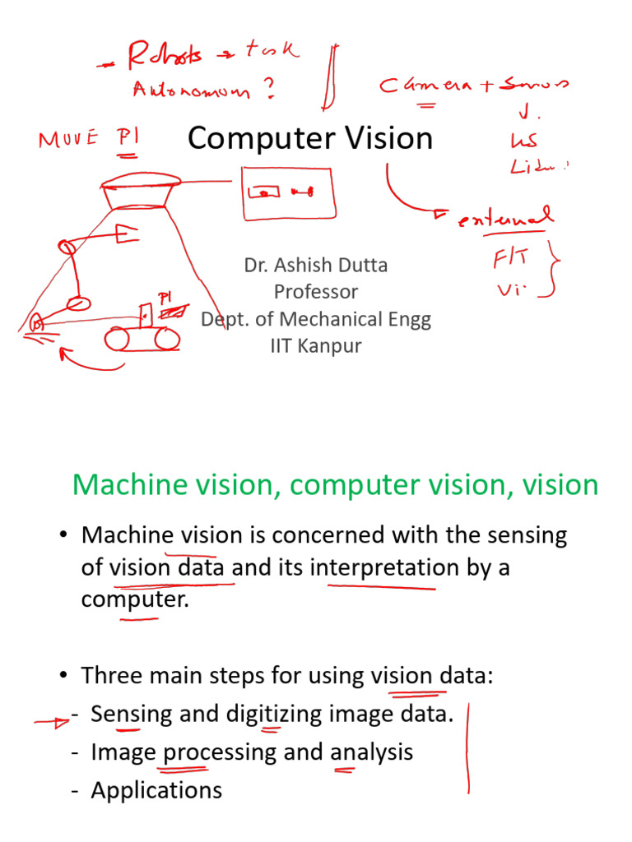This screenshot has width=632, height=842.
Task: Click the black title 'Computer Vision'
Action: [310, 138]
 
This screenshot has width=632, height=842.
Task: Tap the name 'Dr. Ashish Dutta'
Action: [315, 265]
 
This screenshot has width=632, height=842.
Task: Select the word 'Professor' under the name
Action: [315, 291]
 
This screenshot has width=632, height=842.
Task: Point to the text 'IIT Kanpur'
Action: [315, 345]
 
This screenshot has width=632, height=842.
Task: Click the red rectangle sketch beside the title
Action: [288, 192]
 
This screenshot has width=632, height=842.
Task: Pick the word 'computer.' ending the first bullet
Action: [135, 599]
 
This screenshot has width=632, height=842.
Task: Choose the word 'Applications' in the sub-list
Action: [156, 790]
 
